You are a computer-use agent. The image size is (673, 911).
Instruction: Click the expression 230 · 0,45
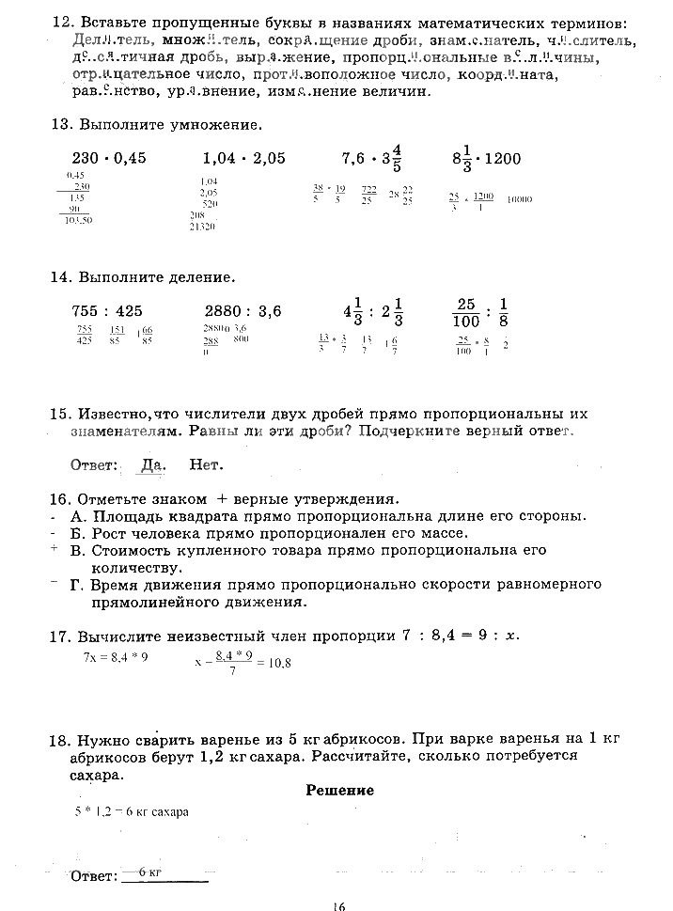point(109,158)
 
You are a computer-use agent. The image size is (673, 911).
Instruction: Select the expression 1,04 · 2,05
point(243,158)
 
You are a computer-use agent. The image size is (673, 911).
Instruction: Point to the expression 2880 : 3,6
point(243,311)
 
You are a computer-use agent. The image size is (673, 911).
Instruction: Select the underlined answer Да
point(151,464)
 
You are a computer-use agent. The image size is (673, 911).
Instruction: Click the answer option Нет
point(206,464)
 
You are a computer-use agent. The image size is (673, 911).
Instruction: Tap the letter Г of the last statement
point(75,585)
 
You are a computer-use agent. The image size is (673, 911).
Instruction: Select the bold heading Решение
point(339,790)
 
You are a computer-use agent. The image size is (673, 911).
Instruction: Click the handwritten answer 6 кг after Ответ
point(149,872)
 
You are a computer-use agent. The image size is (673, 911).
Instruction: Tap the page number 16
point(338,905)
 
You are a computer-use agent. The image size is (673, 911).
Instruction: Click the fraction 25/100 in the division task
point(467,311)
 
